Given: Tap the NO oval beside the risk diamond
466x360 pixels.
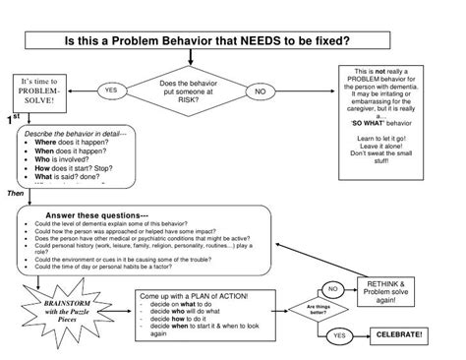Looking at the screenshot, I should tap(261, 91).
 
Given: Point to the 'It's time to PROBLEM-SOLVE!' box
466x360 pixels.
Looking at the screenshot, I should tap(38, 91).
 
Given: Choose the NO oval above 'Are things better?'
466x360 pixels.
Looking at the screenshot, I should tap(333, 288).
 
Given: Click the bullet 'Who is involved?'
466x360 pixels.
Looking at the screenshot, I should tap(67, 160).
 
